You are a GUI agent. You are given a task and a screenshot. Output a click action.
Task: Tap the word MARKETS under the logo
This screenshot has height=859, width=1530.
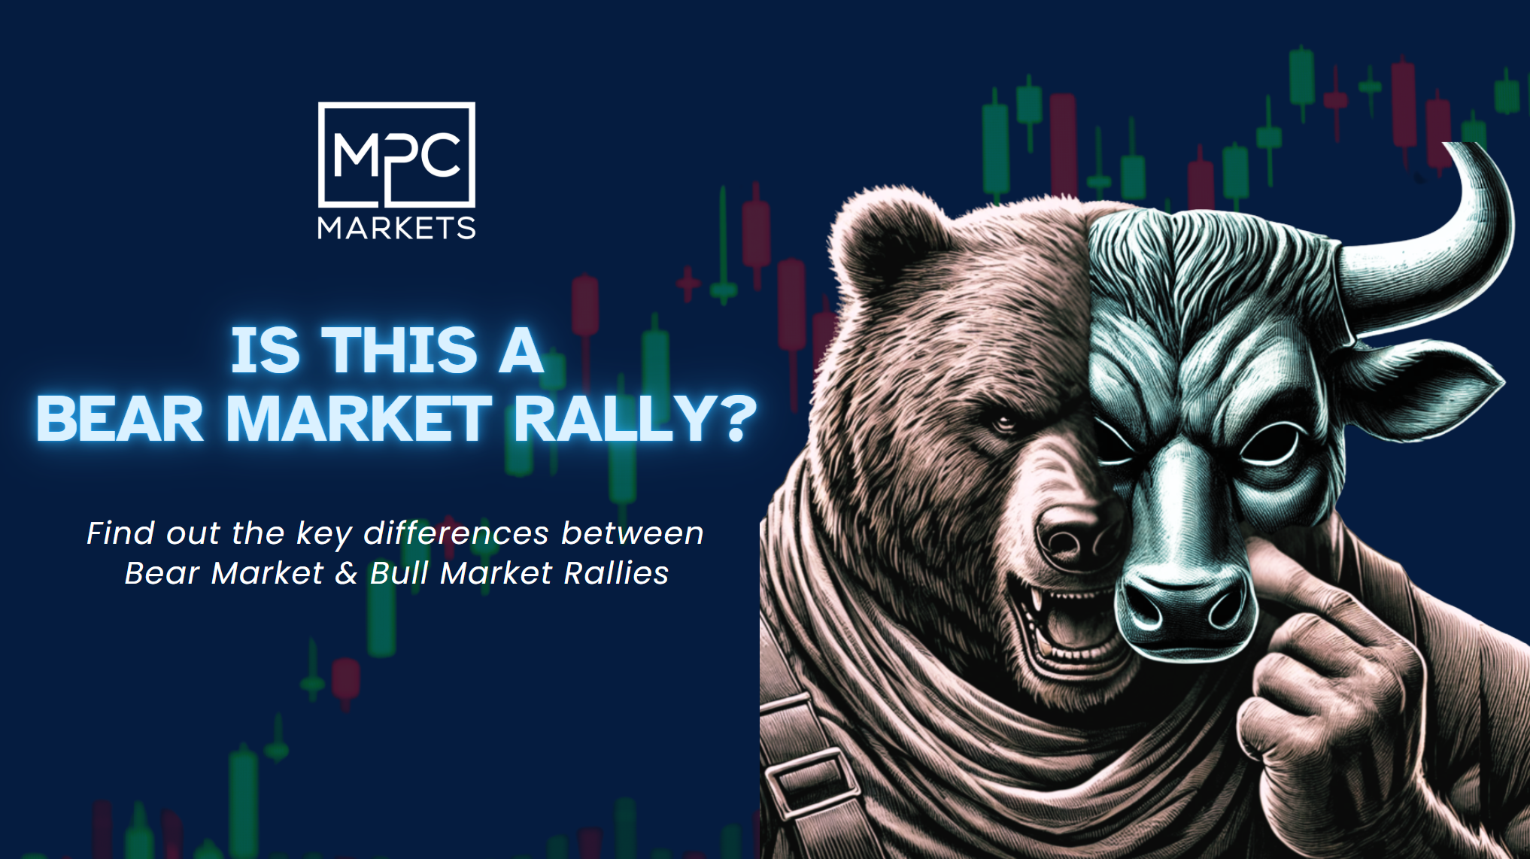click(396, 228)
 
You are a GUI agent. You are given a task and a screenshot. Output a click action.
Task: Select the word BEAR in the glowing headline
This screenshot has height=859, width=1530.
click(120, 418)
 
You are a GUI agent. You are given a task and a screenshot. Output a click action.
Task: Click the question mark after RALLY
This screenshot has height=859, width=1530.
click(732, 418)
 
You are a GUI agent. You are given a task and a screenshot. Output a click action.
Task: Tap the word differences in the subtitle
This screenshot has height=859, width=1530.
click(456, 533)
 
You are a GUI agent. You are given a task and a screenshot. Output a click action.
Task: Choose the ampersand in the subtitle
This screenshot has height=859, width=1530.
click(346, 573)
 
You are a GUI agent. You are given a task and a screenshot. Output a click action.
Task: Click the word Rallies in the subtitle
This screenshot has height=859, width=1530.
click(616, 573)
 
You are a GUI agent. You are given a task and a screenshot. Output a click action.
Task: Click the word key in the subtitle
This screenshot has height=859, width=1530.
click(323, 535)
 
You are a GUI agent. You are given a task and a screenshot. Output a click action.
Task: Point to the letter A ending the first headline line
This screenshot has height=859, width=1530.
click(521, 351)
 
